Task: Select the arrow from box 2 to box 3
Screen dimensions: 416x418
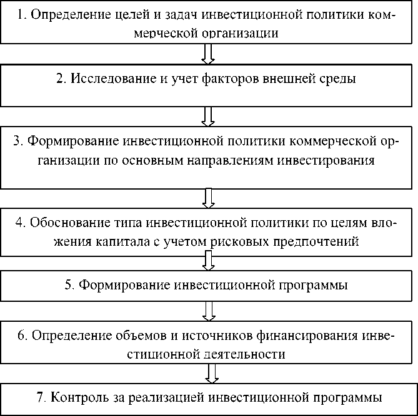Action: click(x=209, y=116)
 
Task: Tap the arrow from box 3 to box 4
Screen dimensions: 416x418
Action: click(x=209, y=198)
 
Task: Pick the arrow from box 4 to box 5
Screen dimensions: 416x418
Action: click(x=209, y=261)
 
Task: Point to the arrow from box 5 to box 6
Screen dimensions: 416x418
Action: click(x=209, y=309)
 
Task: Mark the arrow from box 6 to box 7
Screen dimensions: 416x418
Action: click(x=212, y=373)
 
